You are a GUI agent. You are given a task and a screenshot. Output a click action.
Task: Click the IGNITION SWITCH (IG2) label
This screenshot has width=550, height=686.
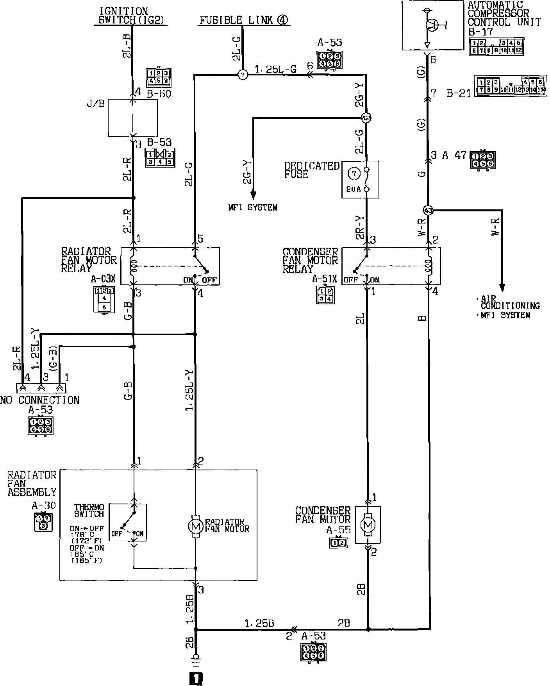point(123,16)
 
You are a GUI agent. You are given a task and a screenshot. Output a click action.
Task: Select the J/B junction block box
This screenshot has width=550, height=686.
point(133,118)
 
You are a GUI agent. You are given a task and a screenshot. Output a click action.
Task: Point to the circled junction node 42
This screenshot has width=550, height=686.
point(366,118)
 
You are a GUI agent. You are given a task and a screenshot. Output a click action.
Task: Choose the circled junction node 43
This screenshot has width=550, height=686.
point(429,210)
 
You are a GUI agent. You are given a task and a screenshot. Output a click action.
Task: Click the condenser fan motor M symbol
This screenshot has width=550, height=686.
point(367,524)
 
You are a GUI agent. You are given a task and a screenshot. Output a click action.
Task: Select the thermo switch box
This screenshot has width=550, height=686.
point(128,522)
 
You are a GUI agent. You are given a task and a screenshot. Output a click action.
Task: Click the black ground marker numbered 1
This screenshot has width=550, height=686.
point(196,679)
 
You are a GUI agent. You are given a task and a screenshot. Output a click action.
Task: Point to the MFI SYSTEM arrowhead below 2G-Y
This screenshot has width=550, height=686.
point(253,194)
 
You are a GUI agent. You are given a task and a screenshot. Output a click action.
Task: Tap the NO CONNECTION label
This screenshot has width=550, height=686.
point(40,400)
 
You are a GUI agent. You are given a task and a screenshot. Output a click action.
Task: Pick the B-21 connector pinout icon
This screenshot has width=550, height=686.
point(510,86)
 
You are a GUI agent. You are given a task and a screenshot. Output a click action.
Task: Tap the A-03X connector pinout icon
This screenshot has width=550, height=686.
point(104,299)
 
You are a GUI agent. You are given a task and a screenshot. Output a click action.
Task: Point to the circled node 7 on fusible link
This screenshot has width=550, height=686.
point(243,74)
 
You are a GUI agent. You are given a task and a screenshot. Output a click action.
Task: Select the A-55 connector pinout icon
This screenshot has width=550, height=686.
point(338,543)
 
